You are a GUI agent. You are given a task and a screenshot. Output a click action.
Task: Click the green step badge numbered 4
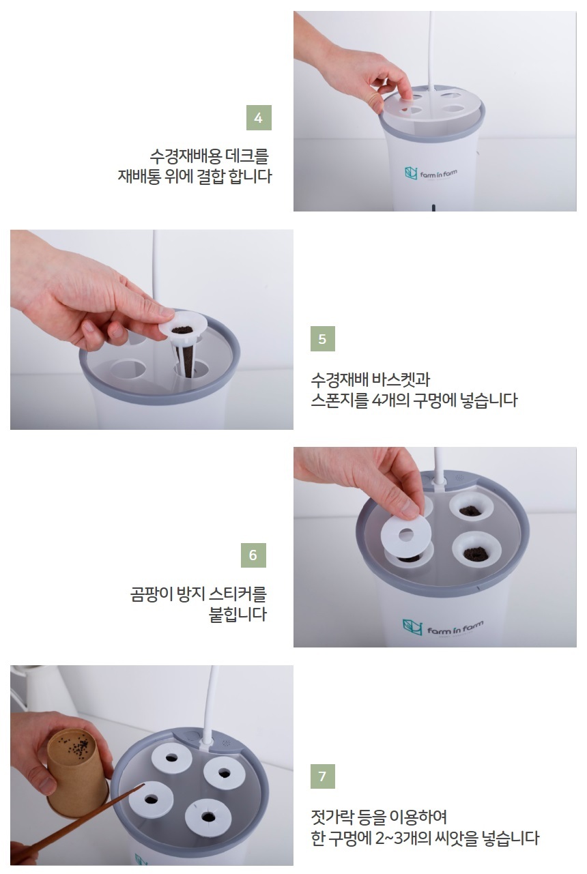[258, 118]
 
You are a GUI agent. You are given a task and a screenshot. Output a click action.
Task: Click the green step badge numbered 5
[322, 339]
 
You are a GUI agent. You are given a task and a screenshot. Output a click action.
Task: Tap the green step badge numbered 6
[253, 555]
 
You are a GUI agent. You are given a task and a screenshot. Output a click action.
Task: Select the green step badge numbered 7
[322, 776]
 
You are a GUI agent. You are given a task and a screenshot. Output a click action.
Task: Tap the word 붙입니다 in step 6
[238, 614]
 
